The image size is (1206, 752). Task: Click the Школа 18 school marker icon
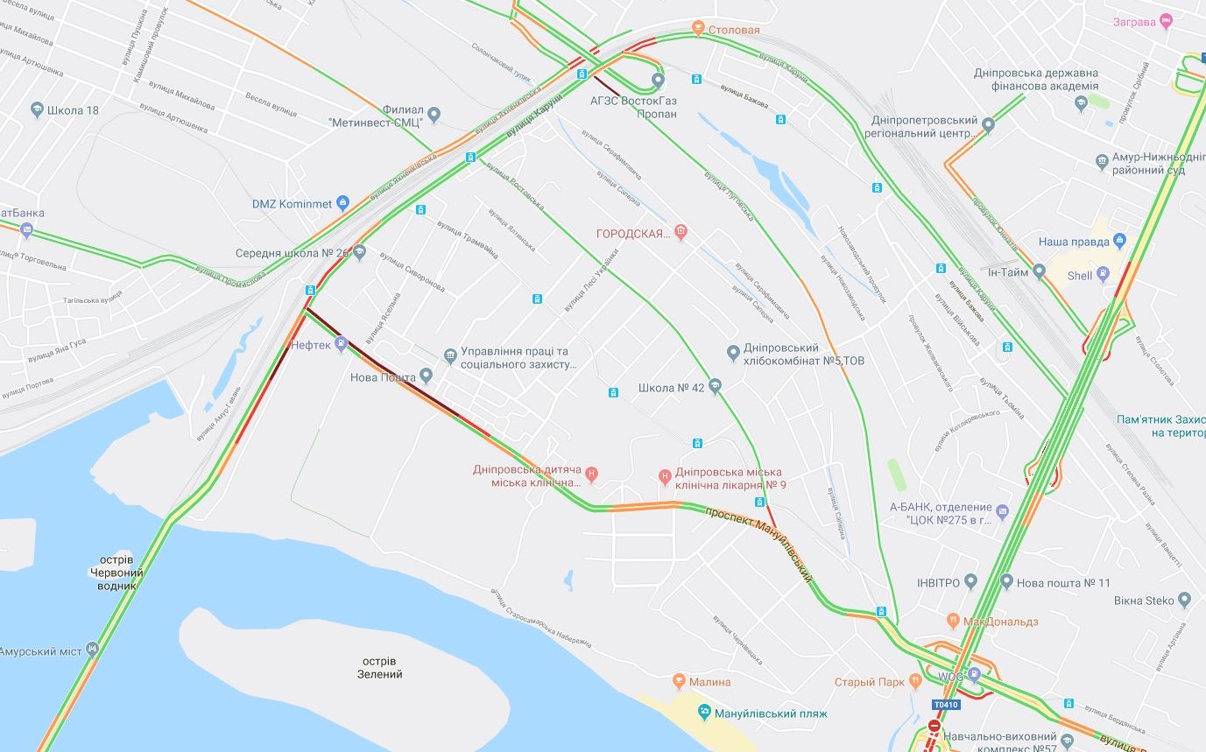point(37,110)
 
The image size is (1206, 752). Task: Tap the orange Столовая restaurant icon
point(698,29)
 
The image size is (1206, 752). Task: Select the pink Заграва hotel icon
point(1165,21)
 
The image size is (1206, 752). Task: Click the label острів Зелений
point(379,667)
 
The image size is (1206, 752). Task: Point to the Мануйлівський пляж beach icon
point(703,713)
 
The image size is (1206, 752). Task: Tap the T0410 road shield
point(945,705)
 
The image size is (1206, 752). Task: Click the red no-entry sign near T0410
point(934,727)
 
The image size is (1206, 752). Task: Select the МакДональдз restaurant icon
point(954,622)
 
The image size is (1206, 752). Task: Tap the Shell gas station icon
point(1103,275)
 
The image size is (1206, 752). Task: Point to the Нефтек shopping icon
point(341,344)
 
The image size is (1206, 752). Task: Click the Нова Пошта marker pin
point(427,376)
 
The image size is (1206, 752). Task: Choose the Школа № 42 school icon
point(715,387)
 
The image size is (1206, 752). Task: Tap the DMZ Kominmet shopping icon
point(342,203)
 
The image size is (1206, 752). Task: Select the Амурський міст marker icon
point(92,650)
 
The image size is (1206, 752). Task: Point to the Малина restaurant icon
point(679,681)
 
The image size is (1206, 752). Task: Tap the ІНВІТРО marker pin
point(970,582)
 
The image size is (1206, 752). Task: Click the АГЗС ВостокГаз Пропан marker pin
point(659,81)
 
